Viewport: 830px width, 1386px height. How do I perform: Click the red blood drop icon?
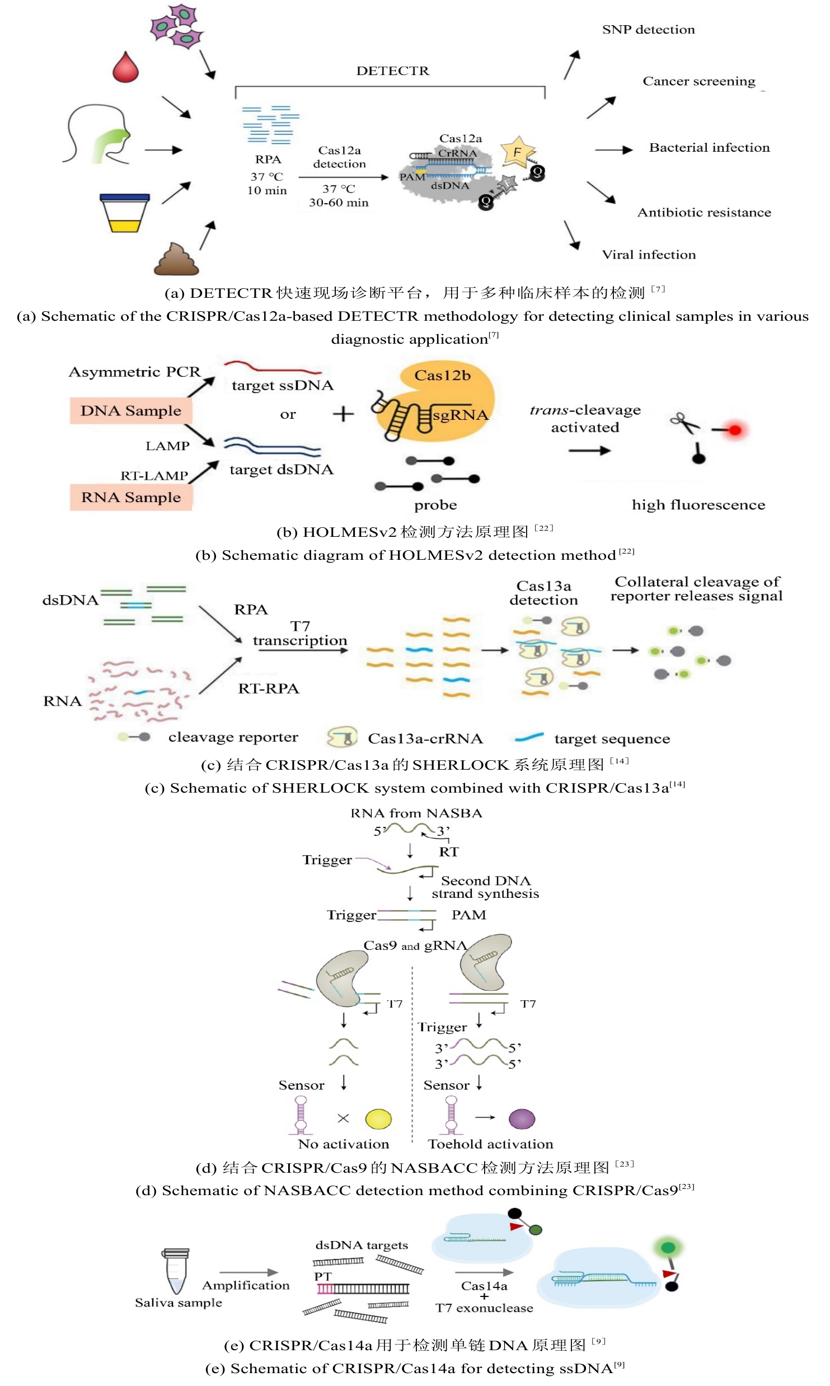click(125, 68)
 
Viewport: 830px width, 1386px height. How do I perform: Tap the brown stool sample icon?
click(176, 259)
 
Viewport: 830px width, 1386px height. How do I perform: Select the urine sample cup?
click(125, 213)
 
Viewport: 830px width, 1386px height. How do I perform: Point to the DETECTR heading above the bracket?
click(392, 71)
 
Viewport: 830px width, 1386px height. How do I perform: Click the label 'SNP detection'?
click(648, 30)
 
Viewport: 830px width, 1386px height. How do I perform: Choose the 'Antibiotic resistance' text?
click(704, 213)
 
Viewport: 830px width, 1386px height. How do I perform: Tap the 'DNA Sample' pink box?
click(130, 411)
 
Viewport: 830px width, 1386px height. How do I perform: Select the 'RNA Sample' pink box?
click(131, 497)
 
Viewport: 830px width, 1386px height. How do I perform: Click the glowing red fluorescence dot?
click(735, 430)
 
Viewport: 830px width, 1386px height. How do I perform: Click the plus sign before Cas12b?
click(343, 414)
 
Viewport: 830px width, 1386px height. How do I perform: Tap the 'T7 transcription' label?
click(300, 634)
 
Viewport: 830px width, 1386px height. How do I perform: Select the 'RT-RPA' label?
click(269, 689)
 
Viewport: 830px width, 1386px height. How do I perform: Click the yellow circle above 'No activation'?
click(378, 1118)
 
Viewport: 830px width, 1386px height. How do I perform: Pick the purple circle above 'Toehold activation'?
click(522, 1118)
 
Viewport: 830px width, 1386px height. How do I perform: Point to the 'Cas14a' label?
click(484, 1286)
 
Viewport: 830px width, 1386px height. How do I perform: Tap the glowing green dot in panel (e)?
click(668, 1247)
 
